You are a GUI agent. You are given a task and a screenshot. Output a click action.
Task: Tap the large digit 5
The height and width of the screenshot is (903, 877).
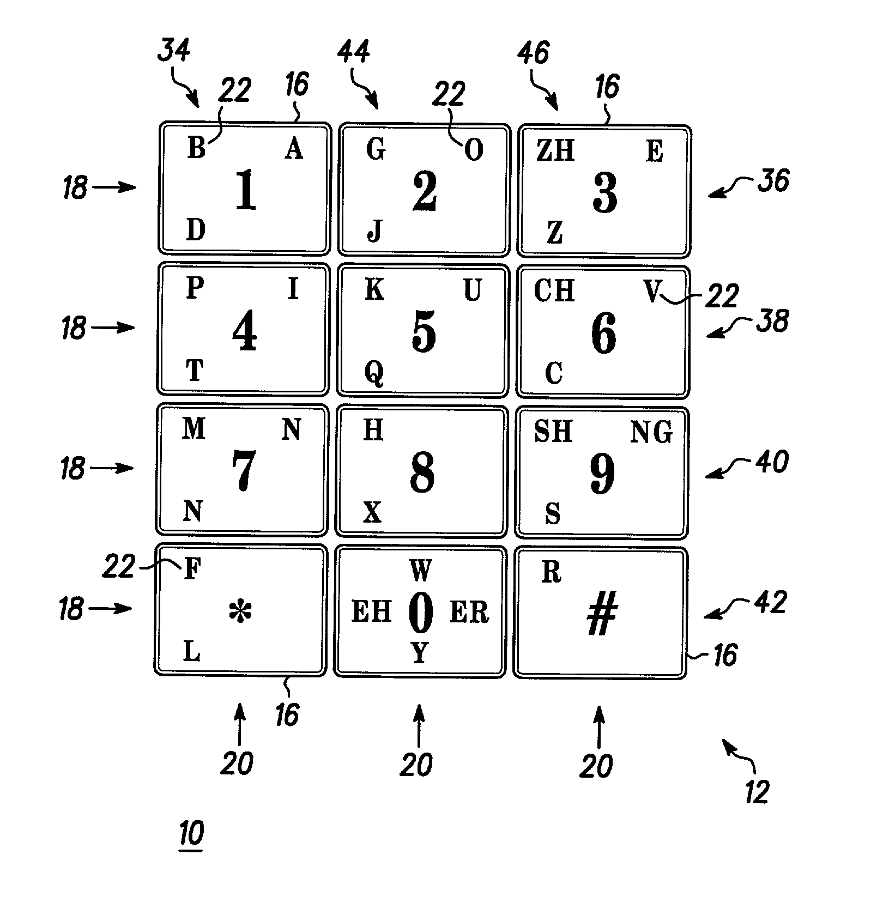click(424, 331)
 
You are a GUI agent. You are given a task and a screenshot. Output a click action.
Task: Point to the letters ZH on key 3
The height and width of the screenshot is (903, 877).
click(555, 150)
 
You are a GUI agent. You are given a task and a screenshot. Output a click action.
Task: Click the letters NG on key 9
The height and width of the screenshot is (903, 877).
click(651, 433)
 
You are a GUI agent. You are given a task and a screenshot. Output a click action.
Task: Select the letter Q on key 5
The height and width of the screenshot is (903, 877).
click(374, 374)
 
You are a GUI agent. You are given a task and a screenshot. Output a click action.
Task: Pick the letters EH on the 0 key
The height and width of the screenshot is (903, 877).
click(372, 612)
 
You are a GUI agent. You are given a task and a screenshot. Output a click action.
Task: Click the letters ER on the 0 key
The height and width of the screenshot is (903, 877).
click(469, 612)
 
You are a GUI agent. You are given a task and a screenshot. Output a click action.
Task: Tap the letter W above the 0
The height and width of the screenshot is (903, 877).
click(420, 571)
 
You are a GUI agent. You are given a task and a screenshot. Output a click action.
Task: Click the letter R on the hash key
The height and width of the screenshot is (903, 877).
click(552, 572)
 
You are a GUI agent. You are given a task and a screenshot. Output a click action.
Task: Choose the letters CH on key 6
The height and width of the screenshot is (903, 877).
click(554, 290)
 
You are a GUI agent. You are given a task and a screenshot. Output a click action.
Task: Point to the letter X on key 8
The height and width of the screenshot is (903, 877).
click(372, 512)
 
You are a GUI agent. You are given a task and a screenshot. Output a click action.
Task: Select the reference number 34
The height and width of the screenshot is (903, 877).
click(174, 50)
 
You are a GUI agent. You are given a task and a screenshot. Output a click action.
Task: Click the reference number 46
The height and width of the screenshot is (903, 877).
click(533, 53)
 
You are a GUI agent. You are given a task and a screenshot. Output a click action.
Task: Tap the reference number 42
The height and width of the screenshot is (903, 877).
click(770, 603)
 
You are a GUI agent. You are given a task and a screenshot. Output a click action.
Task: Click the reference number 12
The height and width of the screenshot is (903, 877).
click(757, 792)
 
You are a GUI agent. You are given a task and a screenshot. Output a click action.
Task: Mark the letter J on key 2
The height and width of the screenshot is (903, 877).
click(374, 231)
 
